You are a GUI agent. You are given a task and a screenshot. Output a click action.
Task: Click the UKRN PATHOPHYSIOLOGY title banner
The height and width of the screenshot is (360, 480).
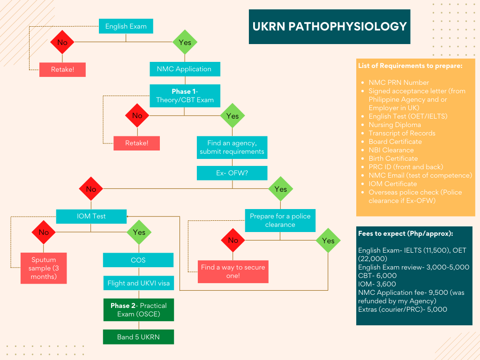pos(330,26)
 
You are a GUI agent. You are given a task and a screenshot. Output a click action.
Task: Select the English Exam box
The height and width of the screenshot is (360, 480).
pos(126,26)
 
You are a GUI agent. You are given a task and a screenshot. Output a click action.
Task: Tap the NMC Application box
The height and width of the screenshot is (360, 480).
pos(185,69)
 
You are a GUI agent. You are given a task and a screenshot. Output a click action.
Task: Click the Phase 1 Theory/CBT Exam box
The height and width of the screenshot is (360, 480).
pos(185,96)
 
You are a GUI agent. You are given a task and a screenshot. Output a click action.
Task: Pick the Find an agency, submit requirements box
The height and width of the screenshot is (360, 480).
pos(232,147)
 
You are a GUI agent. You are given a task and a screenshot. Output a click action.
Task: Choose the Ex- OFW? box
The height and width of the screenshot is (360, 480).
pos(232,173)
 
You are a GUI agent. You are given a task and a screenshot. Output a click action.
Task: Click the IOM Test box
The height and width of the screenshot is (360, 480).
pos(91,216)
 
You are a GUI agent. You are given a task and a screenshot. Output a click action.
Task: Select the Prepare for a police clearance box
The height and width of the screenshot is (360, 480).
pos(280,220)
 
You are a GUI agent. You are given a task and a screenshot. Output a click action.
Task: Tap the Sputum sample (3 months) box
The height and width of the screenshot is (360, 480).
pos(44,268)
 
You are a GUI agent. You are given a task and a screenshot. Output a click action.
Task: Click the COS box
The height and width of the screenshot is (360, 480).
pos(138,260)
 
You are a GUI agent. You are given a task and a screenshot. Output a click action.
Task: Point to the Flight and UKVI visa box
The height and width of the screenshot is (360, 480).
pos(138,283)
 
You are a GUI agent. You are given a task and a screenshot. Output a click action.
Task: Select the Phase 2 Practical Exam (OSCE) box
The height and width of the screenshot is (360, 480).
pos(138,309)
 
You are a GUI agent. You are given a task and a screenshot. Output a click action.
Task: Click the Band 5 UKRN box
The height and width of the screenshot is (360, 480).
pos(138,337)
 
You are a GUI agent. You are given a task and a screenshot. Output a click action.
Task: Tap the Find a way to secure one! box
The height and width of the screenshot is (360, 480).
pos(233,271)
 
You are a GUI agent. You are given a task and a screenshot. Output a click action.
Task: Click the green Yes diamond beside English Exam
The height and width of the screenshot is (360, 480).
pos(185,42)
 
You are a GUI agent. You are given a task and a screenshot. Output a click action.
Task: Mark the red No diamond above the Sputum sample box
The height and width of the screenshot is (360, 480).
pos(44,232)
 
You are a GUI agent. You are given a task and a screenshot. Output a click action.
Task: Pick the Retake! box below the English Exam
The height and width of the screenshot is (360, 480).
pos(62,70)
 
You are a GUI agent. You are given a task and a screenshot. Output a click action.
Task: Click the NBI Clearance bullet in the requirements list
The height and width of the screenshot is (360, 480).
pos(391,150)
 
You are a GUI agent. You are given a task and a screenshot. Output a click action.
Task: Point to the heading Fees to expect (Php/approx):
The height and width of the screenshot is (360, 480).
pos(405,233)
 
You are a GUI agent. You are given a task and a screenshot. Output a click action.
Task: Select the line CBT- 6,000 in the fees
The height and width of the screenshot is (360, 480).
pos(377,276)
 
